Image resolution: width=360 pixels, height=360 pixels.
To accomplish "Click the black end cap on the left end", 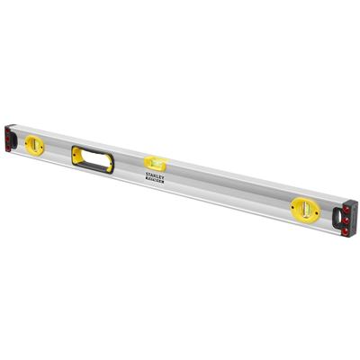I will click(12, 136).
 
